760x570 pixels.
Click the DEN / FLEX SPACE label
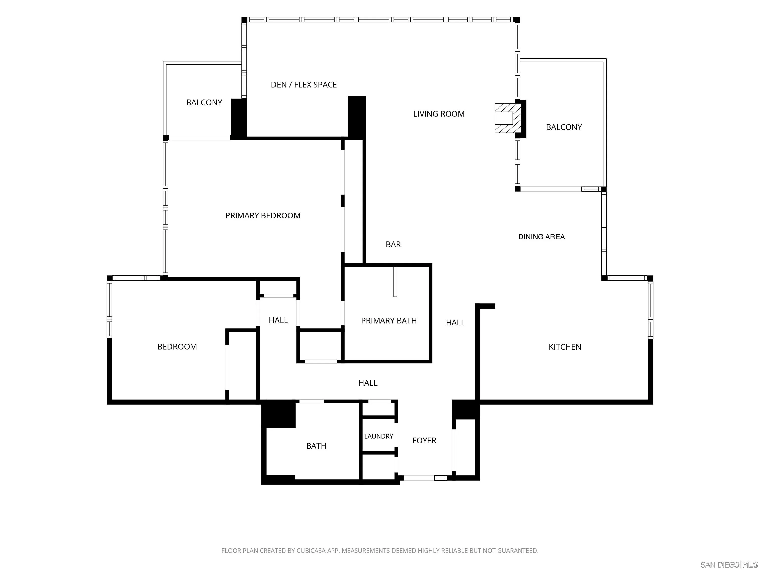(304, 85)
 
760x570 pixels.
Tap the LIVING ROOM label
(439, 114)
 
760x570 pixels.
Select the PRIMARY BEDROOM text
(263, 215)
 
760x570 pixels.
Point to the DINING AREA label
(542, 237)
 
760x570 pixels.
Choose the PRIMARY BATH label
(389, 321)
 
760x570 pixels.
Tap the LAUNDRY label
(379, 436)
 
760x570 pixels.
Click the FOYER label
(424, 440)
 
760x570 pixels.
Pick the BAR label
(393, 244)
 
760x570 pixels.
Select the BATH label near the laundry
(316, 446)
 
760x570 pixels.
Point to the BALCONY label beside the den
(204, 102)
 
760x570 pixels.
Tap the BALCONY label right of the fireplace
(564, 127)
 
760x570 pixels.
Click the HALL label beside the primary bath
(455, 322)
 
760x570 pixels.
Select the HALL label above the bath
(368, 383)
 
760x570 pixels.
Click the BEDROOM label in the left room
(177, 347)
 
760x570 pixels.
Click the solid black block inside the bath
(279, 415)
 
